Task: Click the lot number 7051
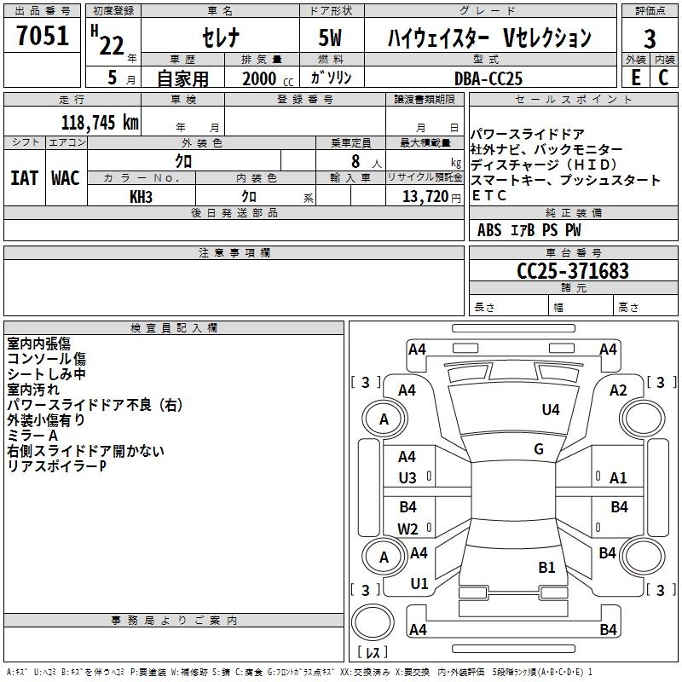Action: (43, 36)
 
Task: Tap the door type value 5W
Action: (332, 38)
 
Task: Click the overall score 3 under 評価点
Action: (650, 38)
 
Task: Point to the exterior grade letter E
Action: (635, 77)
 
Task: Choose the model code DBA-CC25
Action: (488, 78)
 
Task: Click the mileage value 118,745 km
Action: (100, 122)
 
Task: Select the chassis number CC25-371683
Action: (573, 271)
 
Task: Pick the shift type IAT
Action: (24, 177)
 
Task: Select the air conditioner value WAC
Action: (66, 177)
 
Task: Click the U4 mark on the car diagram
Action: (551, 410)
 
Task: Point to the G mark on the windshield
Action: (539, 449)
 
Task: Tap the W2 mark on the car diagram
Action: (407, 529)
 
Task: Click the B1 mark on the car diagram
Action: (546, 567)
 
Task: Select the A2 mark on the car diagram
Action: (619, 390)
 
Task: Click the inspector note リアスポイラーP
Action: (56, 466)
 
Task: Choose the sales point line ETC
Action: (489, 195)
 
